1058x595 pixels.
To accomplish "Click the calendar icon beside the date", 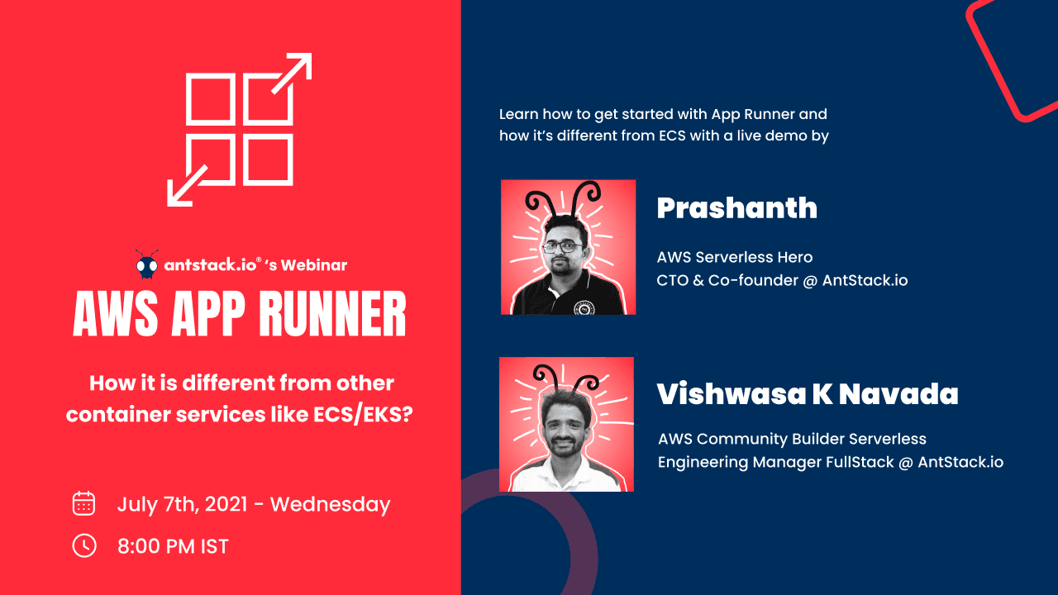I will point(84,503).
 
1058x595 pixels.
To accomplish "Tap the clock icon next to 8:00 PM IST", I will point(84,545).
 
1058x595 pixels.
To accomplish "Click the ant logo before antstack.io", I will point(146,265).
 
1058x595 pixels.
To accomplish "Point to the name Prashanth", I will point(736,208).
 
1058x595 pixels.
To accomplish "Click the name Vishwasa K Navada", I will point(808,394).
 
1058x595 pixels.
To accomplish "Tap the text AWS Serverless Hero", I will point(735,257).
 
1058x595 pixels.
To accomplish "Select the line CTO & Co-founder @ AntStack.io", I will point(782,280).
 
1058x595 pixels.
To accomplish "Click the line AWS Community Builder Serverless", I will point(792,439).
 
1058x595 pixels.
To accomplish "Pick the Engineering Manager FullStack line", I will point(830,462).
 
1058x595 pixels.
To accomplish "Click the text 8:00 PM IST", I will point(173,546).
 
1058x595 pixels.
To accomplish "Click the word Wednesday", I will point(330,504).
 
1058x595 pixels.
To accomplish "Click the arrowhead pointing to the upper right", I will point(300,65).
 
